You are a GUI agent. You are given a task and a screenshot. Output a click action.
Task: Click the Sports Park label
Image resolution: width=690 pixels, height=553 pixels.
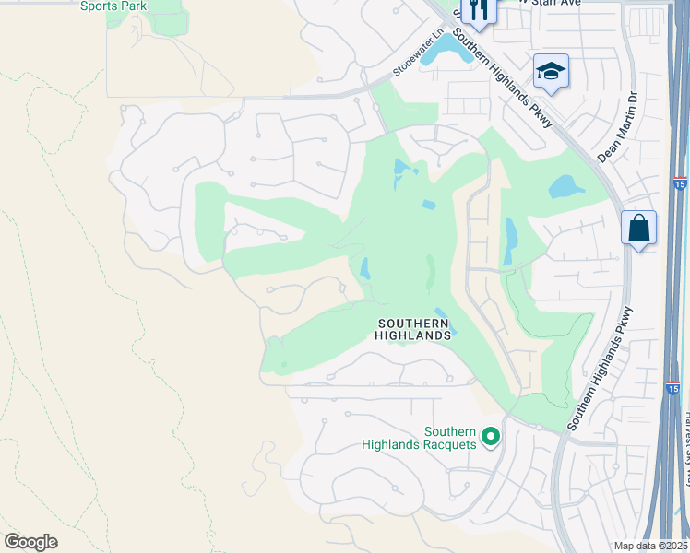point(113,6)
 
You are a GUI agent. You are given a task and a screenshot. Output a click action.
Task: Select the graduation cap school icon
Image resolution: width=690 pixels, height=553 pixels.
point(551,71)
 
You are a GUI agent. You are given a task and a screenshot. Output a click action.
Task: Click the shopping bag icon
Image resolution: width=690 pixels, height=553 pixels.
point(638,227)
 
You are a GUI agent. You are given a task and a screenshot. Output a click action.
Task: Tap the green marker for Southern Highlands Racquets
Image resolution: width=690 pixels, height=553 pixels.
point(491,435)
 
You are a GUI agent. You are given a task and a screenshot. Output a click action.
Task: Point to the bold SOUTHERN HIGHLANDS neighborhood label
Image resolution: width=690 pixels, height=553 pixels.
point(413,329)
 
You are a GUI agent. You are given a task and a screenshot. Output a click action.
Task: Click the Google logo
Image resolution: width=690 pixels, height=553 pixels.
point(30,542)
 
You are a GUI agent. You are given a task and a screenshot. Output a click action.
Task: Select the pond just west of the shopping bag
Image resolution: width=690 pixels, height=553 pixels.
point(566,187)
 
